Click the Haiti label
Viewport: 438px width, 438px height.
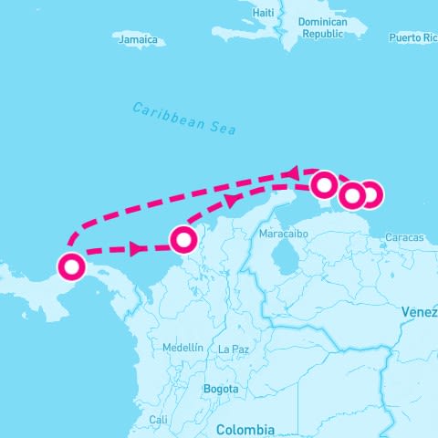264,13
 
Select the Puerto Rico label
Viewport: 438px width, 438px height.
413,37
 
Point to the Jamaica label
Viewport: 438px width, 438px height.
139,39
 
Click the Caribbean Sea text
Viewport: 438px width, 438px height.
183,119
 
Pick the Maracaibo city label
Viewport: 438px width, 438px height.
284,235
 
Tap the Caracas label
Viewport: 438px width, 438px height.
404,237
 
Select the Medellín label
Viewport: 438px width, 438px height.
182,348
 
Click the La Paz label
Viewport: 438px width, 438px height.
234,349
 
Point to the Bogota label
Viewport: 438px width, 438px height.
221,389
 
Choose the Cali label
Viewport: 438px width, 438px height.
158,420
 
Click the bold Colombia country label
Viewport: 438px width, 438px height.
245,429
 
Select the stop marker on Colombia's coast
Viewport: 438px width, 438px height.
183,239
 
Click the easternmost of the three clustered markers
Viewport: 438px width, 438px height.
370,194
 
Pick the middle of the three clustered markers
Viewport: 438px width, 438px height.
352,195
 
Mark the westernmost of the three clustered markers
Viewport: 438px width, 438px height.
324,185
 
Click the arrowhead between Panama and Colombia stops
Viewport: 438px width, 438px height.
137,248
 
